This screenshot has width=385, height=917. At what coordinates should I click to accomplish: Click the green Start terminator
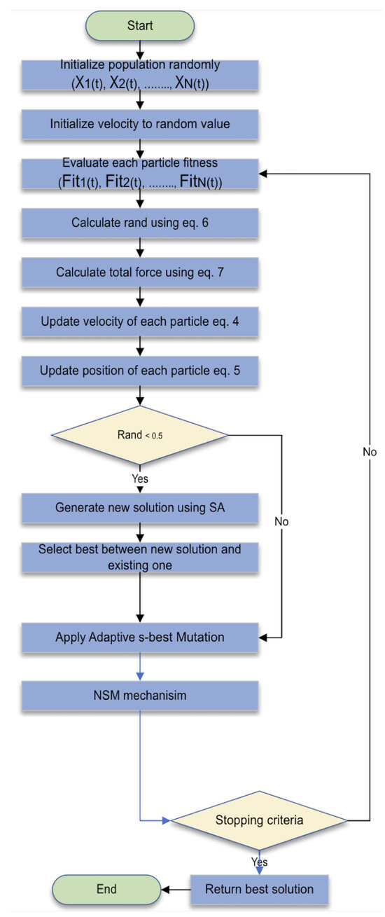coord(140,25)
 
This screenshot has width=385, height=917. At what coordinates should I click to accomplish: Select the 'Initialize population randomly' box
coord(140,75)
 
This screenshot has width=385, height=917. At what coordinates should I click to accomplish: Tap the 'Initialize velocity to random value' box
coord(140,124)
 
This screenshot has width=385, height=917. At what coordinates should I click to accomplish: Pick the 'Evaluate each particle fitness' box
coord(140,173)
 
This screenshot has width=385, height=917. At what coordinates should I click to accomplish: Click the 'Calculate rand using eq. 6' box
coord(140,223)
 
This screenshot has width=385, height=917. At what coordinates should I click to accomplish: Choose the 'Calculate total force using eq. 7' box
coord(140,272)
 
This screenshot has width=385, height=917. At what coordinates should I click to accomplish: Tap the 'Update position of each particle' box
coord(140,370)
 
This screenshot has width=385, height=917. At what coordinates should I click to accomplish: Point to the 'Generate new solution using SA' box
coord(140,507)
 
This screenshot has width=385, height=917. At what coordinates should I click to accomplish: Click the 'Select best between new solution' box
coord(140,556)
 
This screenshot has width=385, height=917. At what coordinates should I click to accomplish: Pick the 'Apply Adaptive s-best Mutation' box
coord(140,637)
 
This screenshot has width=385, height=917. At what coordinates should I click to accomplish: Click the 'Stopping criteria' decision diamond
coord(259,819)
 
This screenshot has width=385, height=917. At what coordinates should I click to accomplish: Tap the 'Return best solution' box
coord(259,889)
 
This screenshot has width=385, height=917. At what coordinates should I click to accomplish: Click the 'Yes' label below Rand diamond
coord(141,480)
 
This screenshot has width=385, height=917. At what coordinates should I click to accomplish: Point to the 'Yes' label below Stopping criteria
coord(259,862)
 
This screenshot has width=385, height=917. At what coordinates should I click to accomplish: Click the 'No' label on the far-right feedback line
coord(370,453)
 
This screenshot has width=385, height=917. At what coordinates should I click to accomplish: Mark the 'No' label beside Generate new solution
coord(281,522)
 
